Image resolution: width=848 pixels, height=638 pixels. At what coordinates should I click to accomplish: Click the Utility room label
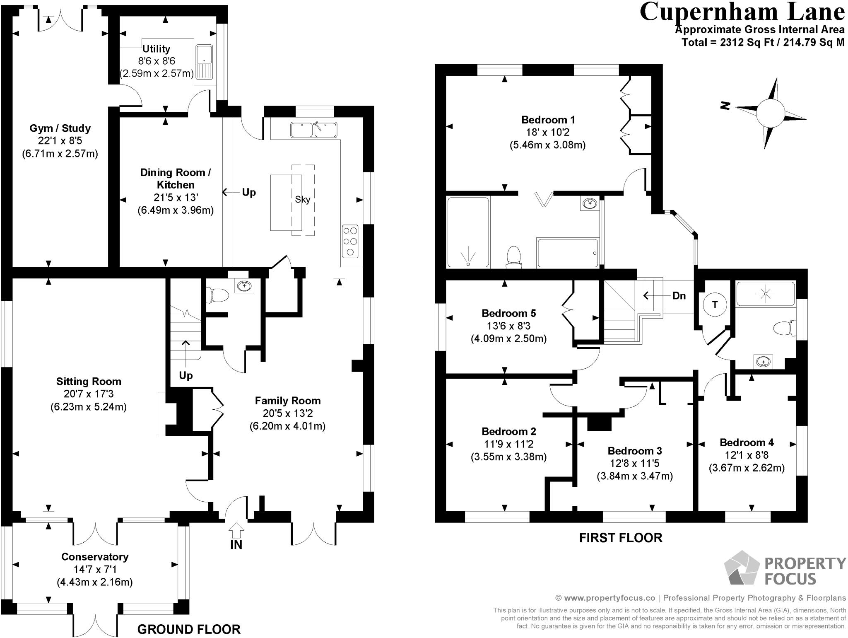(x=156, y=49)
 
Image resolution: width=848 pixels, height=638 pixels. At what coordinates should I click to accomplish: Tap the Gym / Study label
(x=60, y=128)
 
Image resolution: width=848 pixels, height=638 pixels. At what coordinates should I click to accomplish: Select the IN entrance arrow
(x=236, y=530)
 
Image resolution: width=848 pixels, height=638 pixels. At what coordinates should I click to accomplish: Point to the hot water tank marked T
(x=715, y=305)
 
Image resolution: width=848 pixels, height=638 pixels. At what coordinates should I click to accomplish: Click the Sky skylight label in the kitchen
(x=303, y=199)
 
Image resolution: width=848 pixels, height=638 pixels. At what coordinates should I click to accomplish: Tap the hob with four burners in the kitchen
(x=350, y=241)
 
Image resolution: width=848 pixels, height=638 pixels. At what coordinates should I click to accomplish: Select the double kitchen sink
(x=314, y=130)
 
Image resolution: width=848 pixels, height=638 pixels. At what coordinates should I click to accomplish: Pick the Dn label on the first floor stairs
(x=679, y=296)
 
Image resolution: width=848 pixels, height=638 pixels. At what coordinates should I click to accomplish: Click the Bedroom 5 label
(x=509, y=313)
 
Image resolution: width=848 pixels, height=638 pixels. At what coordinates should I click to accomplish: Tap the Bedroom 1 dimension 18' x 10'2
(x=548, y=133)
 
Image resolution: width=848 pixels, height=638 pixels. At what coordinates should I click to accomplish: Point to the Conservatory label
(x=95, y=556)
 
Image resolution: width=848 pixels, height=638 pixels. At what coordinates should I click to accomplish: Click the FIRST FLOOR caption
(x=621, y=538)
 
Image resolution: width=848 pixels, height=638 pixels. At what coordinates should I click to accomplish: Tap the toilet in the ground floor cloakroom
(x=218, y=295)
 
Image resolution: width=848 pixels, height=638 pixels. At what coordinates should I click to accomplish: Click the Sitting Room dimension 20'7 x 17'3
(x=89, y=394)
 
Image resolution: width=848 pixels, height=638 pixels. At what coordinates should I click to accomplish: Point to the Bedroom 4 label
(x=747, y=442)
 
